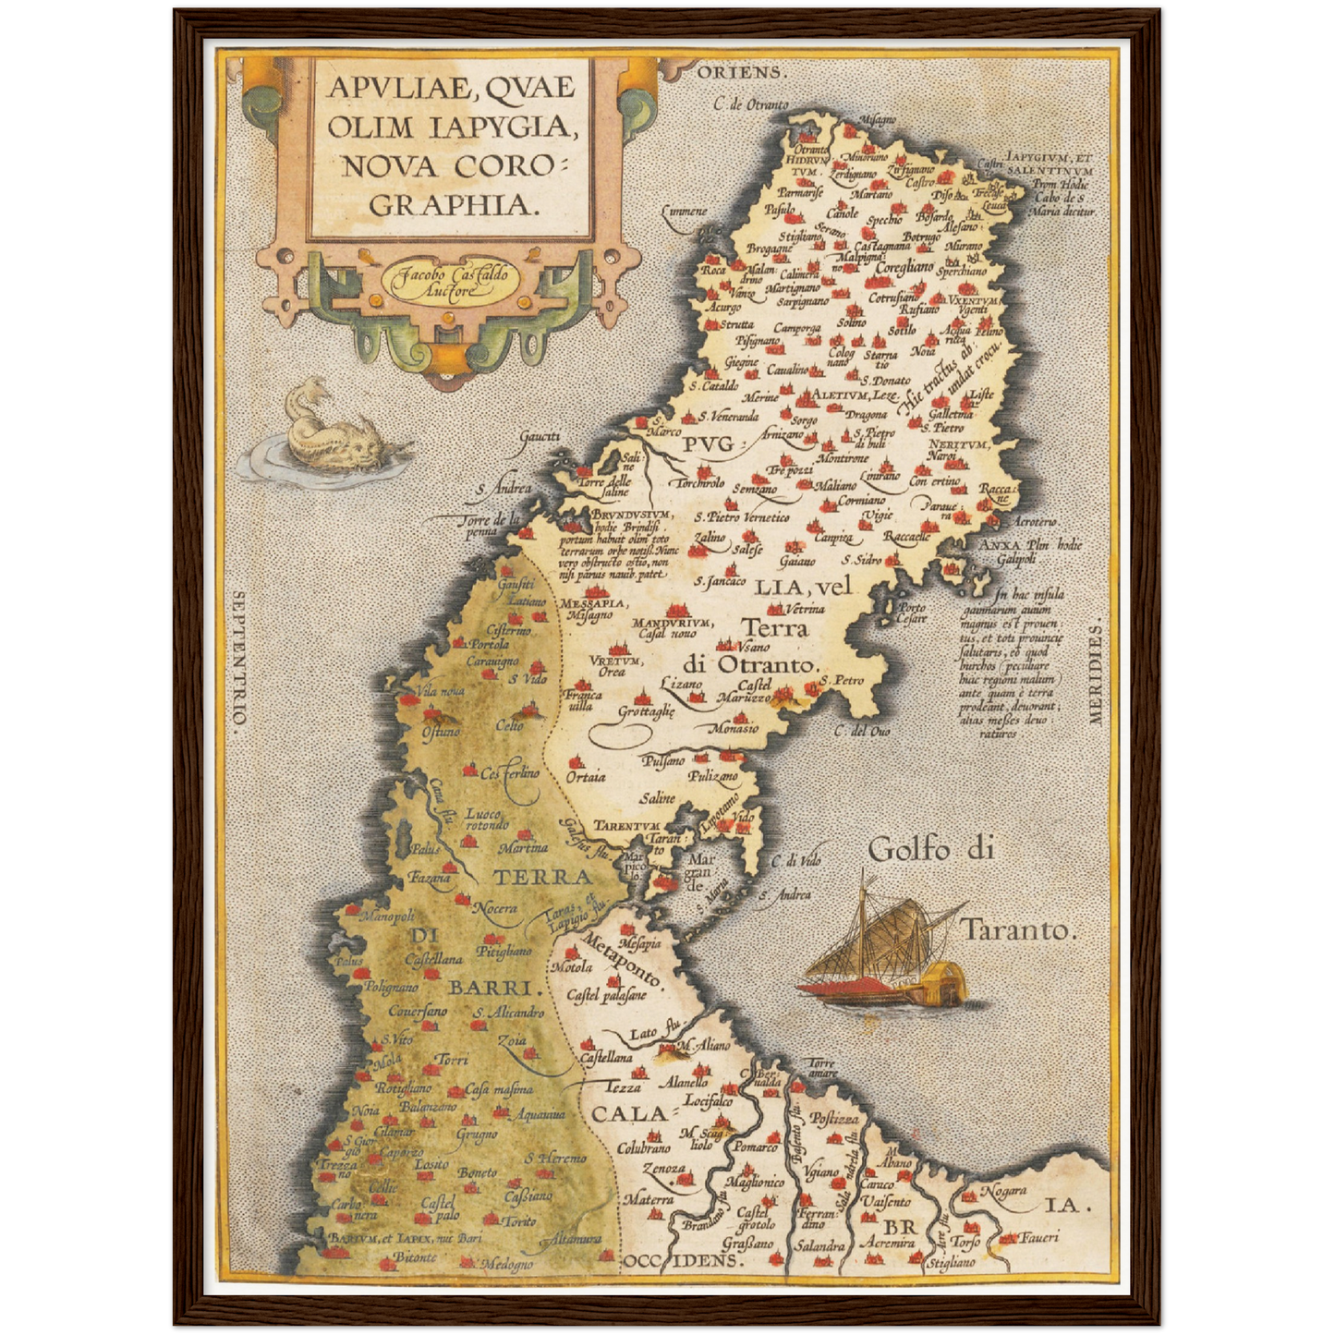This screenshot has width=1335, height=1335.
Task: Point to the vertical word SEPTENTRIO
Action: [238, 661]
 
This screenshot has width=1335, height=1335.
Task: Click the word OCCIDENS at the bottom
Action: [681, 1259]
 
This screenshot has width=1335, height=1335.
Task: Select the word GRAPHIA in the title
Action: [454, 204]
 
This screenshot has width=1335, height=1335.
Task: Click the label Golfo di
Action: [931, 849]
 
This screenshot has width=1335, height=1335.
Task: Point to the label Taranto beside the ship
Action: [1019, 929]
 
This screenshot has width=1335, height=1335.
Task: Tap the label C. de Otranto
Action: [750, 104]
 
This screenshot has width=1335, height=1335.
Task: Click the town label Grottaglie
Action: [647, 711]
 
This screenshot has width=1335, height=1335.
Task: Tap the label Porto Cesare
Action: [912, 613]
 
